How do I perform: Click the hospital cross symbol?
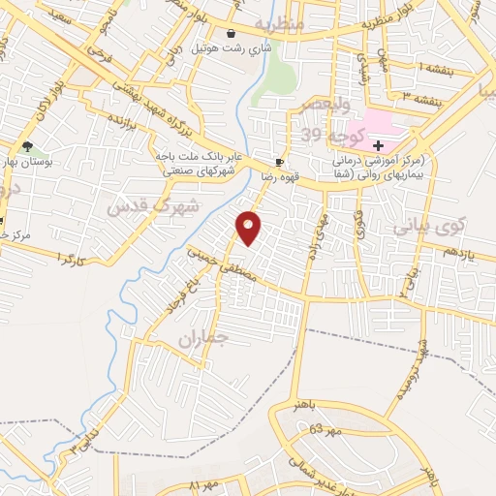click(378, 145)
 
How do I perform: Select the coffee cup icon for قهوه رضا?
click(279, 163)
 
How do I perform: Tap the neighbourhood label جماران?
click(201, 339)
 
